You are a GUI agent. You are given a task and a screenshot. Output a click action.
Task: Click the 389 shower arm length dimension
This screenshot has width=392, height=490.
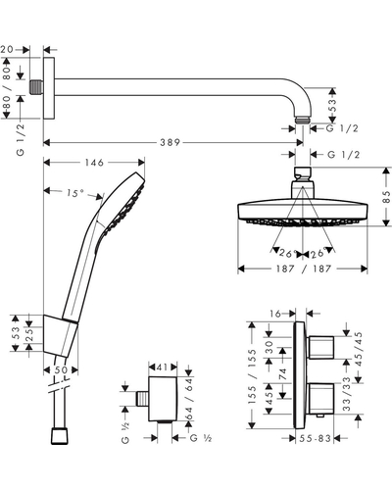coord(170,142)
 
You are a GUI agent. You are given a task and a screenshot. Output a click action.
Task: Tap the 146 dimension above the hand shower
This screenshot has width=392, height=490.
coord(94,163)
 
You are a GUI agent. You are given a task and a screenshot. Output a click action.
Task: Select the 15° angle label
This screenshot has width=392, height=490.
coord(75,193)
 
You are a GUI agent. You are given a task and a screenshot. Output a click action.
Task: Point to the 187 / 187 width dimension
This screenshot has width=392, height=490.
coord(303,269)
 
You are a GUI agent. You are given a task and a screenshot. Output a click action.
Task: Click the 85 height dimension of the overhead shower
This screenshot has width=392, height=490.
coord(386,197)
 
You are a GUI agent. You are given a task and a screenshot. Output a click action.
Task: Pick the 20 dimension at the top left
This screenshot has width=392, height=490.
coord(7,49)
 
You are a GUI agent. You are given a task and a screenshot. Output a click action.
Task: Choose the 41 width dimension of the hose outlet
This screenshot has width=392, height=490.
coord(163,367)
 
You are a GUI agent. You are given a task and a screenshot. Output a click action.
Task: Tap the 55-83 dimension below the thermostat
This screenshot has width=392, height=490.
coord(315,438)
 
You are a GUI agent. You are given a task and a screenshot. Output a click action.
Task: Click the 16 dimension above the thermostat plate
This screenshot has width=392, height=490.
coord(275,314)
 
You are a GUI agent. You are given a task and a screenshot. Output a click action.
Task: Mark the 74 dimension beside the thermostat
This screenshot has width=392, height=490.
coord(282,374)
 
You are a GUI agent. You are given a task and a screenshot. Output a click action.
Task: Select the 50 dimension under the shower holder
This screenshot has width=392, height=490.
coord(61,370)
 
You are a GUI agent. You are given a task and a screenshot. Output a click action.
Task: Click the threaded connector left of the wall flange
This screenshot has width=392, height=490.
coord(36,87)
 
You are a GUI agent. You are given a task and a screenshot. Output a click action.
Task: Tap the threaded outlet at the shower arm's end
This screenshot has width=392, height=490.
coord(303,119)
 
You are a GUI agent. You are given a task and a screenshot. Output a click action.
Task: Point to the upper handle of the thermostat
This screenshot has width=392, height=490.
coord(320,347)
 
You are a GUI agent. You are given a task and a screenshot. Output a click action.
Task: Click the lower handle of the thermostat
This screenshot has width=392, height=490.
coord(320,399)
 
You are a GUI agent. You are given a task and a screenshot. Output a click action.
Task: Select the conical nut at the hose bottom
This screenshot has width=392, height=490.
coord(60,436)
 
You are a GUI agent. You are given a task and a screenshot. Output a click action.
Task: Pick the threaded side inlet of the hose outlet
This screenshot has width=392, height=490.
coord(142,399)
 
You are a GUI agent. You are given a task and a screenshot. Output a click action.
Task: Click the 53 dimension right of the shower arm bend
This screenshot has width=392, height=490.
coord(332,105)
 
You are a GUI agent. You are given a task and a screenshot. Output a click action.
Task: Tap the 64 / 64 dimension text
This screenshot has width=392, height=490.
coord(189,399)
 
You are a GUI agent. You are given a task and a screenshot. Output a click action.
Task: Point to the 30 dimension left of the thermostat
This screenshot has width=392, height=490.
coord(269,348)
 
